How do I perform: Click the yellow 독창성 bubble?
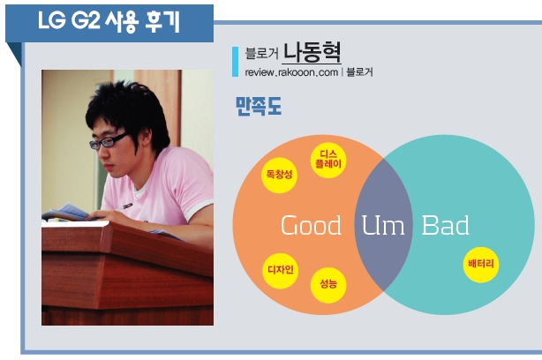point(279,176)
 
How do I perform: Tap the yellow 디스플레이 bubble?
point(328,160)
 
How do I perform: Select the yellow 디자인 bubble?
point(281,271)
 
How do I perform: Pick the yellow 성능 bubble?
point(328,285)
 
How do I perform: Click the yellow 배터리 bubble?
point(481,265)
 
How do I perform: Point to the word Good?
point(311,225)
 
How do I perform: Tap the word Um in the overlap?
point(383,225)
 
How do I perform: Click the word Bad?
point(445,225)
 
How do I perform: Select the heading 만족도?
point(259,106)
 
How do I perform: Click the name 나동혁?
point(312,52)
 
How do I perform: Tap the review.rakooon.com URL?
point(291,72)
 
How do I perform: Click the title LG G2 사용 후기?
point(109,21)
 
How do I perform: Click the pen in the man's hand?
point(124,207)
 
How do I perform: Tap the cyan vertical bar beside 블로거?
point(235,62)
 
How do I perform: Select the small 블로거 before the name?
point(261,53)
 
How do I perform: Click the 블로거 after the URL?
point(359,72)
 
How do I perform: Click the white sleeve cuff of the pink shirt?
point(197,209)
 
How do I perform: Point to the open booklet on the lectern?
point(66,213)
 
